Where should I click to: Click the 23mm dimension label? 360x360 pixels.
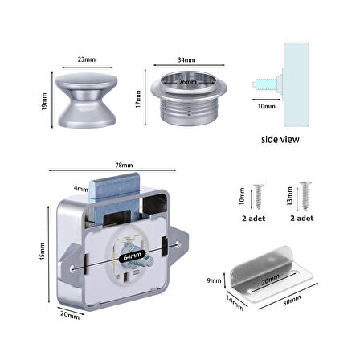pyautogui.click(x=87, y=59)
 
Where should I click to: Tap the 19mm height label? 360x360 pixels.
pyautogui.click(x=44, y=101)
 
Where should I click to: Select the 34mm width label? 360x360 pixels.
pyautogui.click(x=186, y=59)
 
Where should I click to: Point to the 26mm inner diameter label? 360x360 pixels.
pyautogui.click(x=188, y=82)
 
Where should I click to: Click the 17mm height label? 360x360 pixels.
pyautogui.click(x=138, y=99)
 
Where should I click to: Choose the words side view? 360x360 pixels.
pyautogui.click(x=280, y=139)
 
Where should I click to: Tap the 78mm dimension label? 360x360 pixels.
pyautogui.click(x=124, y=165)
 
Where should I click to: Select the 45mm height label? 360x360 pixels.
pyautogui.click(x=42, y=252)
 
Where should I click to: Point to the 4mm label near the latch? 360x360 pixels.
pyautogui.click(x=81, y=189)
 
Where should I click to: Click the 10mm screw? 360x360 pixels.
pyautogui.click(x=259, y=197)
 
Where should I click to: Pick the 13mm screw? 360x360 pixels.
pyautogui.click(x=305, y=196)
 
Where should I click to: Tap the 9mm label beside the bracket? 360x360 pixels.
pyautogui.click(x=214, y=280)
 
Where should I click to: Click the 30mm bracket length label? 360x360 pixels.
pyautogui.click(x=292, y=301)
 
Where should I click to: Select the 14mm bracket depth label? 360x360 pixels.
pyautogui.click(x=235, y=303)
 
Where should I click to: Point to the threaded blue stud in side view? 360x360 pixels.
pyautogui.click(x=266, y=84)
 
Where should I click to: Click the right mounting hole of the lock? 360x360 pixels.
pyautogui.click(x=178, y=243)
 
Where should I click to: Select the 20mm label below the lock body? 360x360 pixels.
pyautogui.click(x=70, y=315)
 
